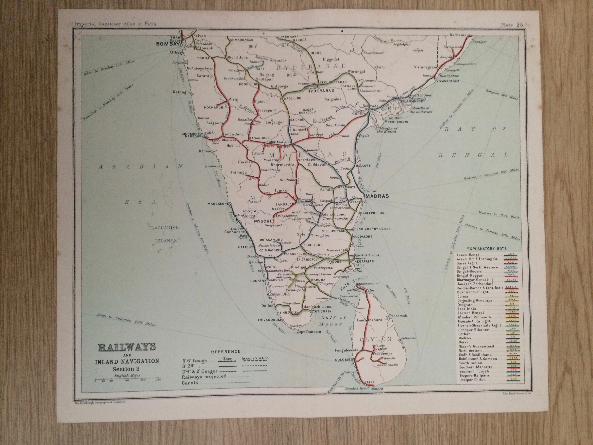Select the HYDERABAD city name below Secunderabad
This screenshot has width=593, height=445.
coord(321,91)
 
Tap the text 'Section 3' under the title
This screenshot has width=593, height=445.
coord(127,369)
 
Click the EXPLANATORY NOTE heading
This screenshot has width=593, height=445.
coord(487,249)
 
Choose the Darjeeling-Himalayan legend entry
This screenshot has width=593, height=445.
coord(476,301)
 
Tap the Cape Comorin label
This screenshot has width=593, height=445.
coord(308,331)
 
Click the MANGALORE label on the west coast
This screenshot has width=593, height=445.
coord(217,204)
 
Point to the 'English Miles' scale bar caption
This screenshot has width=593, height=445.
coord(127,376)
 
